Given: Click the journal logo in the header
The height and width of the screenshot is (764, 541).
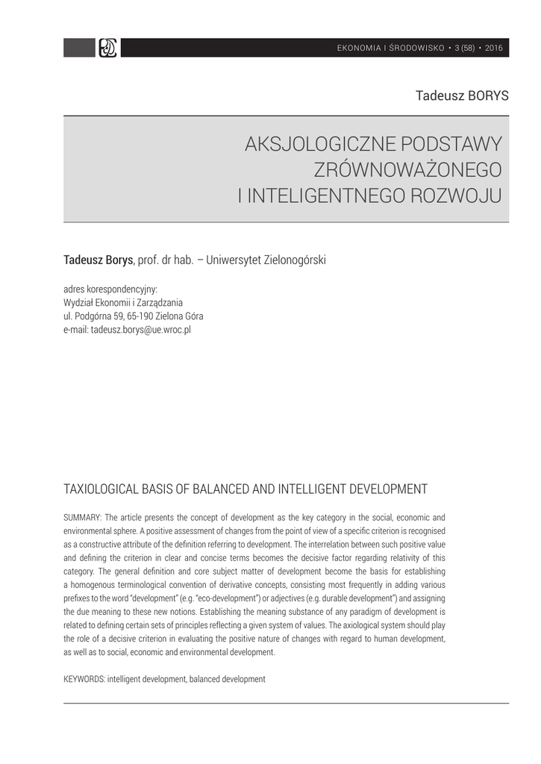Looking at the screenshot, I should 108,48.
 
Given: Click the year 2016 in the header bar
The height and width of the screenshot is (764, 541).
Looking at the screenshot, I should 494,48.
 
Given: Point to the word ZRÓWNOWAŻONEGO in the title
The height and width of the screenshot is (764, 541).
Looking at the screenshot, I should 409,170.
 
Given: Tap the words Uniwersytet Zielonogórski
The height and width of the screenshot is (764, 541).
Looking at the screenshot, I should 266,260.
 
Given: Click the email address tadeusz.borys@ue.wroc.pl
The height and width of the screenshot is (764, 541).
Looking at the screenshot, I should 140,328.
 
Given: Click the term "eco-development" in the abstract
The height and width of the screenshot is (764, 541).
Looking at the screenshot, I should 251,598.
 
